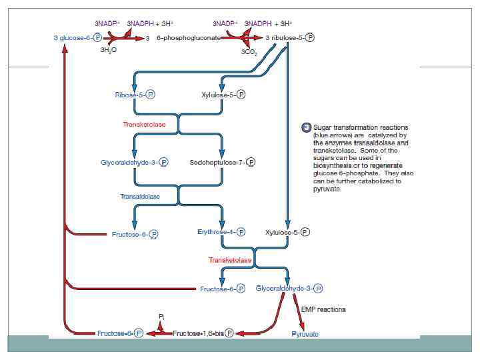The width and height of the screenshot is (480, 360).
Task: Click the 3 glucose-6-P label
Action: [x=77, y=38]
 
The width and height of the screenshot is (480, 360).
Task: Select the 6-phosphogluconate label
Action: [x=189, y=38]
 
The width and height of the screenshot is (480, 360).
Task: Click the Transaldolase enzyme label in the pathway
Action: [x=141, y=197]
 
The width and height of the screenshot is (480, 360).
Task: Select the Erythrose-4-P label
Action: [x=221, y=233]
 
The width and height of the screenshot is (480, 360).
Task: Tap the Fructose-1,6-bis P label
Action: [x=203, y=333]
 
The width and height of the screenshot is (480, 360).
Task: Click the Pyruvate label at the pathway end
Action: [x=305, y=333]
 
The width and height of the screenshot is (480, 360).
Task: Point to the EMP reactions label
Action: [x=323, y=309]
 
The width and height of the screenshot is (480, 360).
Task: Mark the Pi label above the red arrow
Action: [x=162, y=315]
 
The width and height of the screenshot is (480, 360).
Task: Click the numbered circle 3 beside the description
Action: [x=306, y=127]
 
